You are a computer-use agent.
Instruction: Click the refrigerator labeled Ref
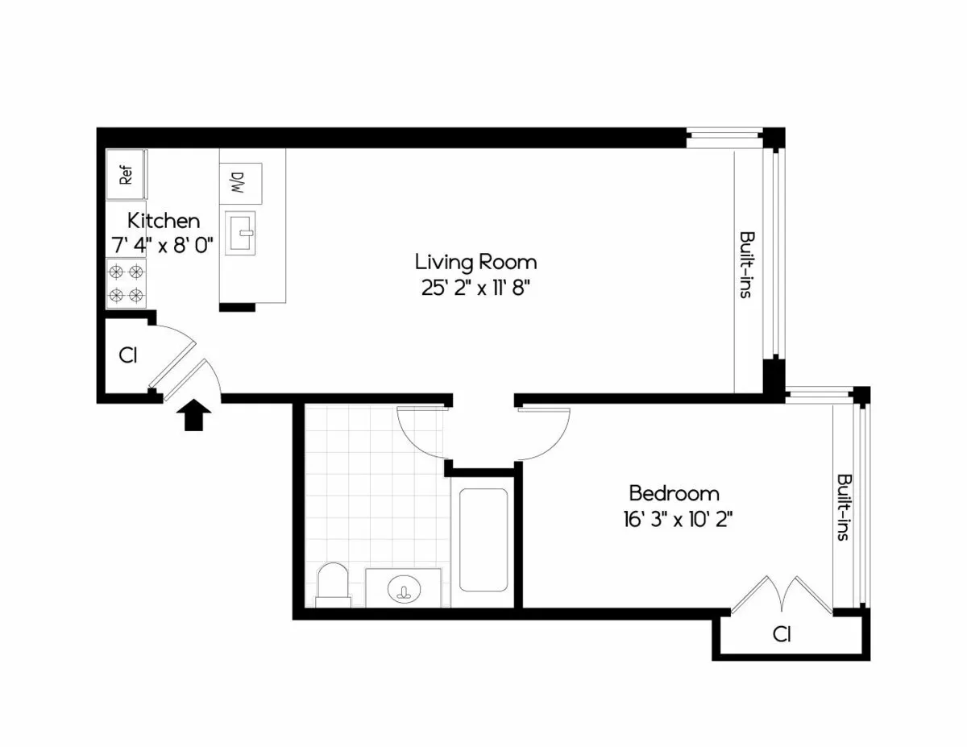tap(127, 175)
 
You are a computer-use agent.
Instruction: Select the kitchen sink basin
tap(239, 234)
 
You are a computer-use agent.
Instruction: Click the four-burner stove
tap(127, 283)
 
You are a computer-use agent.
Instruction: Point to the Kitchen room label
tap(164, 220)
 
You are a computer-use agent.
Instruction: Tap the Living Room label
tap(475, 262)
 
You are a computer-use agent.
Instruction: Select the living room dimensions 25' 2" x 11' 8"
tap(475, 288)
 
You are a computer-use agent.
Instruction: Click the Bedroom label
tap(674, 492)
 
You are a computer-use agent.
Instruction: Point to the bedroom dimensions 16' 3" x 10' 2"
tap(674, 518)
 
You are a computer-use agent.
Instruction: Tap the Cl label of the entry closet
tap(127, 355)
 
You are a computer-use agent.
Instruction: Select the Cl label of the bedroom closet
tap(781, 634)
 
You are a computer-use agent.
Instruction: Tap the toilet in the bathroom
tap(333, 584)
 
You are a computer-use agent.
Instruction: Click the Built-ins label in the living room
tap(747, 265)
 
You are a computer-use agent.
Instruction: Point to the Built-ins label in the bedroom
tap(844, 506)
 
